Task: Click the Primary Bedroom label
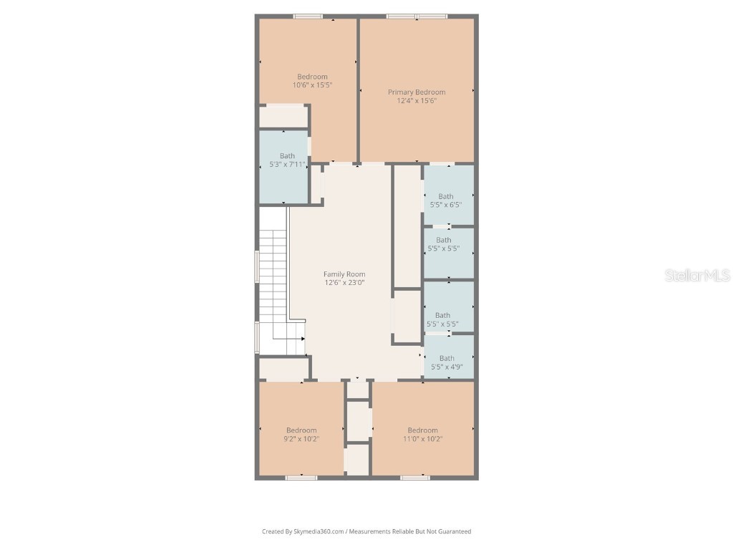(x=417, y=92)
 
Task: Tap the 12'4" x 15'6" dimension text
(x=417, y=101)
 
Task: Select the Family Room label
(x=344, y=274)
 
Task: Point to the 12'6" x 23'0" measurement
(x=344, y=283)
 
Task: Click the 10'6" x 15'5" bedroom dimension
(x=312, y=85)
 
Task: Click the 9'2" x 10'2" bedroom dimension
(x=301, y=439)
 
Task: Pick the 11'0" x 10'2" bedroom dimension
(x=422, y=439)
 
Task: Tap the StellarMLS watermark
(x=696, y=275)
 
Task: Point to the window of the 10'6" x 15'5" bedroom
(x=308, y=16)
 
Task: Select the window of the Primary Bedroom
(x=417, y=16)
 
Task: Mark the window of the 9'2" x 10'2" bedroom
(x=301, y=477)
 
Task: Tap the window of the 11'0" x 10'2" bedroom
(x=415, y=477)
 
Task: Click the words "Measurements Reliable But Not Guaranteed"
(x=410, y=531)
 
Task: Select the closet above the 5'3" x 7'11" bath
(x=283, y=116)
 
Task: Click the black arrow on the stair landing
(x=303, y=339)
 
